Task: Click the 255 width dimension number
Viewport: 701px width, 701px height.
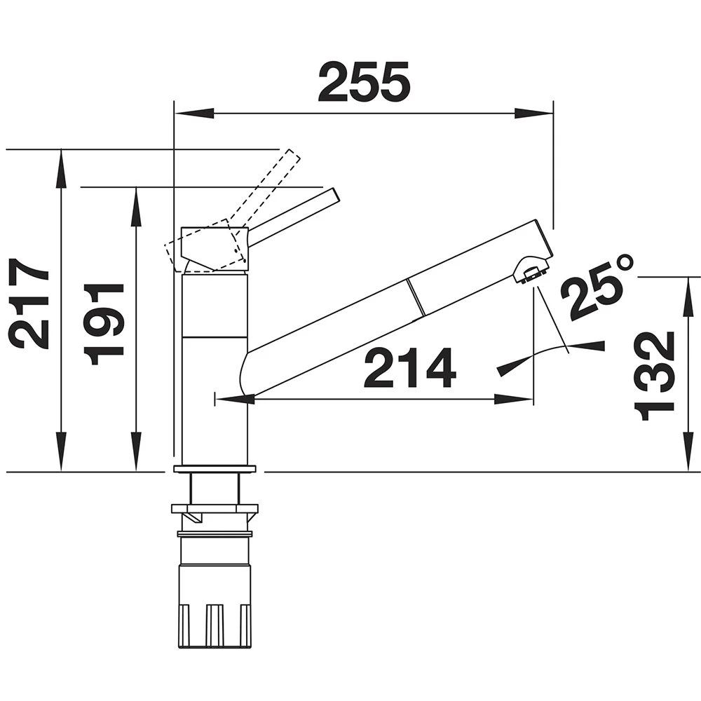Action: [364, 81]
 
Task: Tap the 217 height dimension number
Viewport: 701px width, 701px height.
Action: [29, 304]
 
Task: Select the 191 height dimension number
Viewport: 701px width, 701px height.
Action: [104, 324]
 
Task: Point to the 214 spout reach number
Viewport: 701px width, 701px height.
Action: [410, 367]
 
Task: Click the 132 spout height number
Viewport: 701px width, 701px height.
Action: [654, 376]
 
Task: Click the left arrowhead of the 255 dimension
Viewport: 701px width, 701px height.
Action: [194, 113]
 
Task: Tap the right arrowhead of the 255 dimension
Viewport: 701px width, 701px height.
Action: [533, 113]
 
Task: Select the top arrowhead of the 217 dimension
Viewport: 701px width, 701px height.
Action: [61, 168]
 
